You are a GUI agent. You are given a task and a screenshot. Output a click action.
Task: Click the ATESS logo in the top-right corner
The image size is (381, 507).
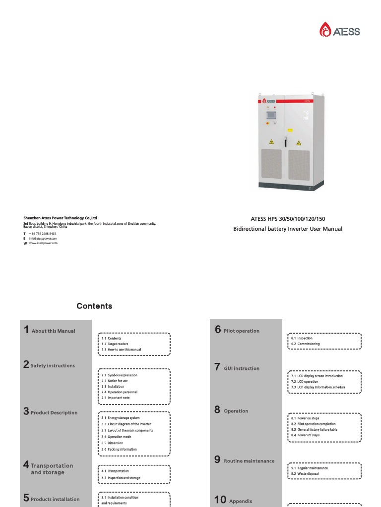click(340, 31)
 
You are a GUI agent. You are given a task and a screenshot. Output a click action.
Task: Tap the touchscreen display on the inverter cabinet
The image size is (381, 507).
click(270, 115)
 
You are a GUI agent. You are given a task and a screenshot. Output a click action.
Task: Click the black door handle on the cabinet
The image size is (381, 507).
click(285, 141)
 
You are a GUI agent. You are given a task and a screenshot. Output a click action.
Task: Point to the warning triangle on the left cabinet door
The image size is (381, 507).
click(271, 142)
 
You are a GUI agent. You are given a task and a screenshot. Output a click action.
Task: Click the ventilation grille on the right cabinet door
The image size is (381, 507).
click(299, 164)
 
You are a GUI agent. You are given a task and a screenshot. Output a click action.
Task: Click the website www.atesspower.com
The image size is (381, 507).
click(43, 243)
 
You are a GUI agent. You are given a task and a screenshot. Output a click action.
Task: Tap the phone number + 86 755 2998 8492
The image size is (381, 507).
click(42, 233)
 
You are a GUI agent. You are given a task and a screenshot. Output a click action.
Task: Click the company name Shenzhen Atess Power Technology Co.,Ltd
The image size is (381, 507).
click(60, 217)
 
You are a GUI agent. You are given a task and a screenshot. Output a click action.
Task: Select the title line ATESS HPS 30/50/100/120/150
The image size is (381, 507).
click(288, 219)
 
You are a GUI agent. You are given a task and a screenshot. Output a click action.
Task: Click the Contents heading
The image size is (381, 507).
click(94, 306)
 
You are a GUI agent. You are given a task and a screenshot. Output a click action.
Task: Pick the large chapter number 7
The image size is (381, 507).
click(217, 367)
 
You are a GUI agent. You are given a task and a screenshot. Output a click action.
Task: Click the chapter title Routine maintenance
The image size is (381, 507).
click(249, 461)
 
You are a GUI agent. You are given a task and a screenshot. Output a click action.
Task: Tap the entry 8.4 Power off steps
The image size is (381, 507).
click(305, 435)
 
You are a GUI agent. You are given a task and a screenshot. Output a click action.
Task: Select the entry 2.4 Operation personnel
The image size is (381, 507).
click(119, 392)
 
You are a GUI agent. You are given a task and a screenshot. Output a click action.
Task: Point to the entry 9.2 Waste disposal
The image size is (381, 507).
click(305, 474)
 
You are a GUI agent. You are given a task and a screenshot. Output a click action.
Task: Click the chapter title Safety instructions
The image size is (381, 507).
click(53, 366)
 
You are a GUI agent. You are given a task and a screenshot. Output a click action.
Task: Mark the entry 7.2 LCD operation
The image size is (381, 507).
click(305, 382)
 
